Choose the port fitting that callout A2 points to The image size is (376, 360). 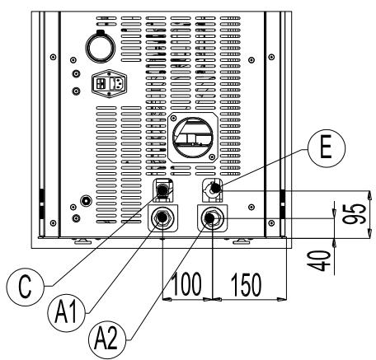(214, 219)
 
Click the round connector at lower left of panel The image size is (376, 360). (87, 200)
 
